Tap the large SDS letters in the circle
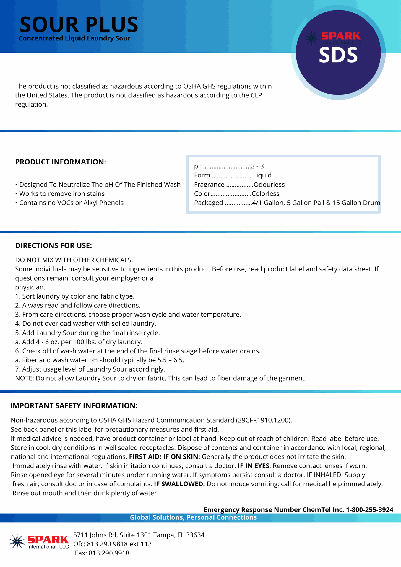tap(338, 55)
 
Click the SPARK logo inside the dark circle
tap(333, 38)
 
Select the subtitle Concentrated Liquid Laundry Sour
tap(74, 38)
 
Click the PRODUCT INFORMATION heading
tap(61, 162)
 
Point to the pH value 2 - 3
tap(257, 166)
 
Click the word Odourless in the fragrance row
tap(269, 185)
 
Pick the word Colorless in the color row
tap(265, 194)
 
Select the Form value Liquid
tap(262, 175)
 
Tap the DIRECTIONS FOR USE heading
tap(53, 246)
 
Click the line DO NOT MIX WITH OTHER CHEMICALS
tap(74, 260)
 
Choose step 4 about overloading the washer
tap(86, 324)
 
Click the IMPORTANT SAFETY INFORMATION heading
tap(74, 406)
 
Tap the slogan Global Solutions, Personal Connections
tap(193, 518)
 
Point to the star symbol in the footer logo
tap(17, 542)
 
